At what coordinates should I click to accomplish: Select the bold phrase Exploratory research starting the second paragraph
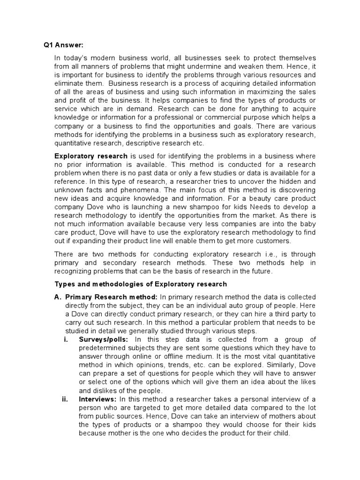coord(91,156)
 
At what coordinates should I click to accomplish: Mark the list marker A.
coord(58,298)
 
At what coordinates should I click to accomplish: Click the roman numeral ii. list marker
coord(66,399)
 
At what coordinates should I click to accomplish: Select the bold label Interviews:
coord(98,399)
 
